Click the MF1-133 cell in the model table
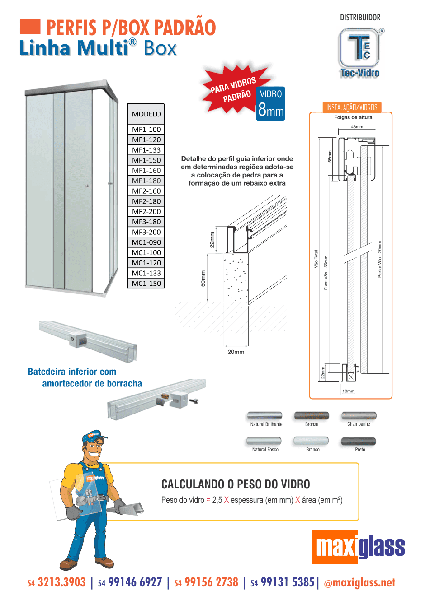pyautogui.click(x=146, y=150)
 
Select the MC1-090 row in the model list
pyautogui.click(x=146, y=242)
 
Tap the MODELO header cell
pyautogui.click(x=146, y=114)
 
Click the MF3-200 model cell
pyautogui.click(x=146, y=232)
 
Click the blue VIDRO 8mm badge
pyautogui.click(x=270, y=104)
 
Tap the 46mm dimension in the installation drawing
pyautogui.click(x=357, y=127)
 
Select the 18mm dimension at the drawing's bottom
pyautogui.click(x=348, y=391)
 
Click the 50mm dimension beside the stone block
pyautogui.click(x=203, y=278)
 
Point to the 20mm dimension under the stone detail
pyautogui.click(x=236, y=352)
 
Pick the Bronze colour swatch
pyautogui.click(x=312, y=415)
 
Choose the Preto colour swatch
pyautogui.click(x=359, y=441)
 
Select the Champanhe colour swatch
pyautogui.click(x=359, y=415)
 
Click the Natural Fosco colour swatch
pyautogui.click(x=264, y=441)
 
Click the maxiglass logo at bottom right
pyautogui.click(x=358, y=547)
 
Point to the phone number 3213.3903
pyautogui.click(x=61, y=582)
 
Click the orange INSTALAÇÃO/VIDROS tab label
pyautogui.click(x=352, y=107)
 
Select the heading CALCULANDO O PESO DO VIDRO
pyautogui.click(x=236, y=484)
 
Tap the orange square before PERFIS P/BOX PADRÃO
pyautogui.click(x=30, y=27)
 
